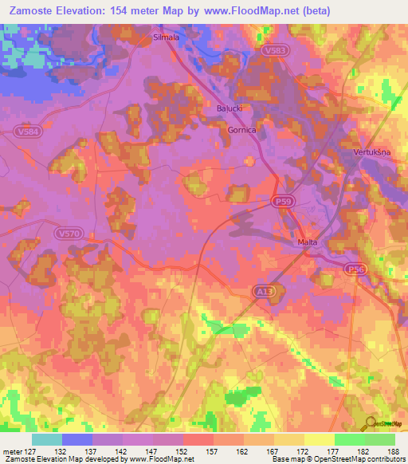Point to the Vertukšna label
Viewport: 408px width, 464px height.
pos(369,151)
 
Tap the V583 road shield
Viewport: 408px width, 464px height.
pos(273,49)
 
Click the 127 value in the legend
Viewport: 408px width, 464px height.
pos(31,451)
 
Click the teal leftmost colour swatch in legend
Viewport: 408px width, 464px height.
pos(47,439)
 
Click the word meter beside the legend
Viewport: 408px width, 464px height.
pos(12,451)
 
